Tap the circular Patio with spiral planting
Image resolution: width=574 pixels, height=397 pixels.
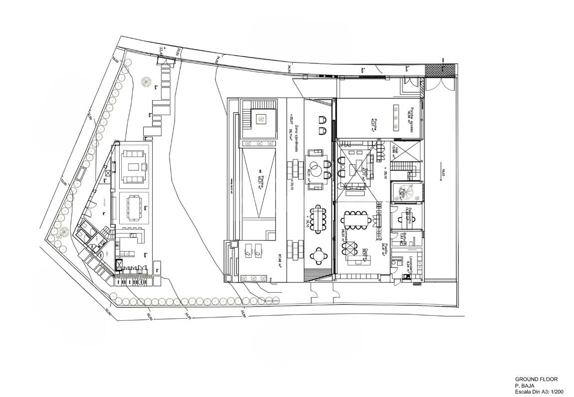point(403,192)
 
